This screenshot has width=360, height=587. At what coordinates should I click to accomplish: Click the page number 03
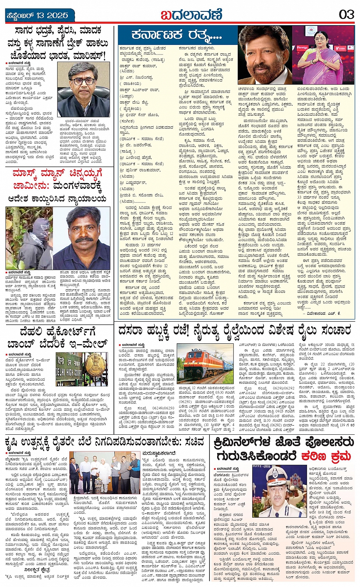pyautogui.click(x=346, y=15)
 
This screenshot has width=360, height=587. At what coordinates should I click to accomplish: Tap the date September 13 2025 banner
pyautogui.click(x=37, y=16)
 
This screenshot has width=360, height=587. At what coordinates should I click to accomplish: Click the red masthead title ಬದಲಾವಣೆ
pyautogui.click(x=191, y=15)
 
